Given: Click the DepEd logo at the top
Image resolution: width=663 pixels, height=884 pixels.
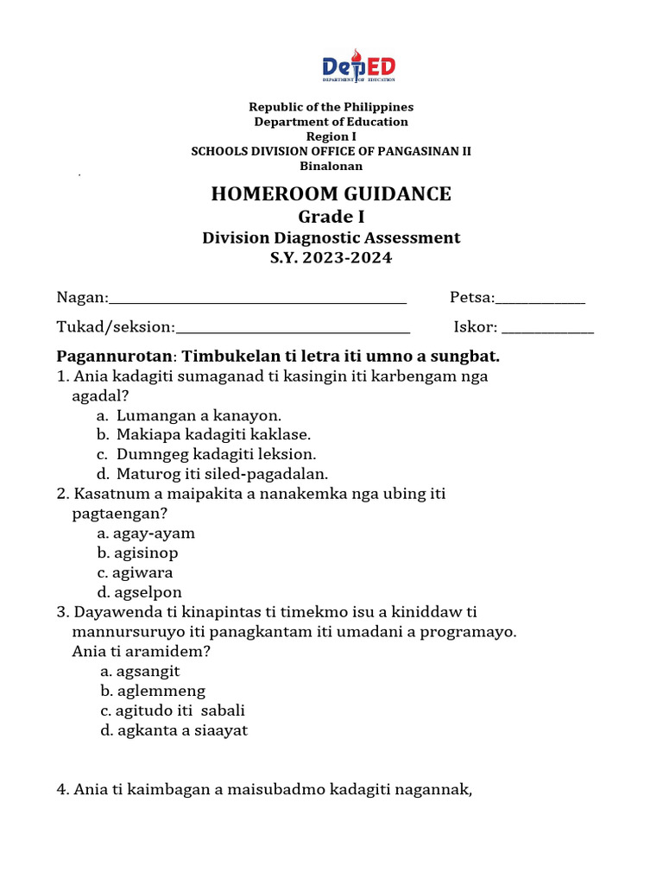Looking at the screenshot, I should tap(358, 67).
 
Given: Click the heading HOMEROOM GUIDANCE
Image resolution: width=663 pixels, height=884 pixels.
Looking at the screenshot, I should tap(331, 193).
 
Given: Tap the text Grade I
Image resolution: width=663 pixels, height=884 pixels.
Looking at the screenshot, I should tap(331, 217).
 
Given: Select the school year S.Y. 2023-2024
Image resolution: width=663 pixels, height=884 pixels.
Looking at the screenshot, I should tap(331, 258).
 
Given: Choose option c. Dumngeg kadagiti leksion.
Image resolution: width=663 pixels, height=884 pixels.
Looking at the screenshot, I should tap(207, 453).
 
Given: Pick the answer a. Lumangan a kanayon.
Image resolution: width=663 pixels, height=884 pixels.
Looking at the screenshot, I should tap(190, 414).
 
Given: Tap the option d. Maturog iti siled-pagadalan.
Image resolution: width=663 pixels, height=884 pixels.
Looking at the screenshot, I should tap(213, 473).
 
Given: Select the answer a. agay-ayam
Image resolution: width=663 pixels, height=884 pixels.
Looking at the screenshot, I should tap(147, 534).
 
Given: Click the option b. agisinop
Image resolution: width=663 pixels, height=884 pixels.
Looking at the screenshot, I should tap(138, 553).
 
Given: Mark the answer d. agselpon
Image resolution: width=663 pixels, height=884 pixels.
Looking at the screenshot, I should tap(140, 592).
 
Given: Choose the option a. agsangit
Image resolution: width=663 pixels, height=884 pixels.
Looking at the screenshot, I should tap(140, 671).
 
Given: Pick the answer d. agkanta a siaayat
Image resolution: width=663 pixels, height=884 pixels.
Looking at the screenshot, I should tap(174, 730).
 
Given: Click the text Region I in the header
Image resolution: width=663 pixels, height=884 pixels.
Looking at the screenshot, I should tap(331, 136).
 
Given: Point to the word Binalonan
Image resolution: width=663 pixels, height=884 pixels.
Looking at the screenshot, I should tap(331, 166).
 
